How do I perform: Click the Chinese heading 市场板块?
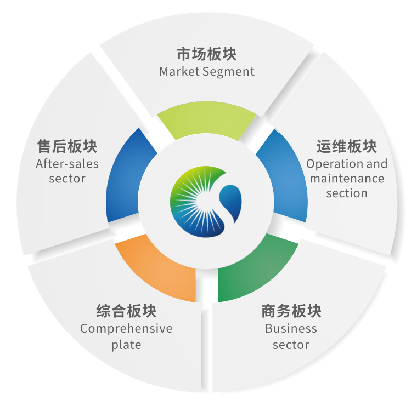point(207,55)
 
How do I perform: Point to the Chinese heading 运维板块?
point(346,147)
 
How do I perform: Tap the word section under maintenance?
point(347,193)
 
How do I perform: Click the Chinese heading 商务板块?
point(291,312)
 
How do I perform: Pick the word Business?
point(291,329)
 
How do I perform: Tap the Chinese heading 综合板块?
point(126,312)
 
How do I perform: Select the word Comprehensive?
point(126,329)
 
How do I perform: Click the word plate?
point(126,345)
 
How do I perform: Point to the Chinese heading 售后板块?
point(67,147)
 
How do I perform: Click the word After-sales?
point(67,164)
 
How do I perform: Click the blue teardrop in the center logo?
point(232,203)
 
